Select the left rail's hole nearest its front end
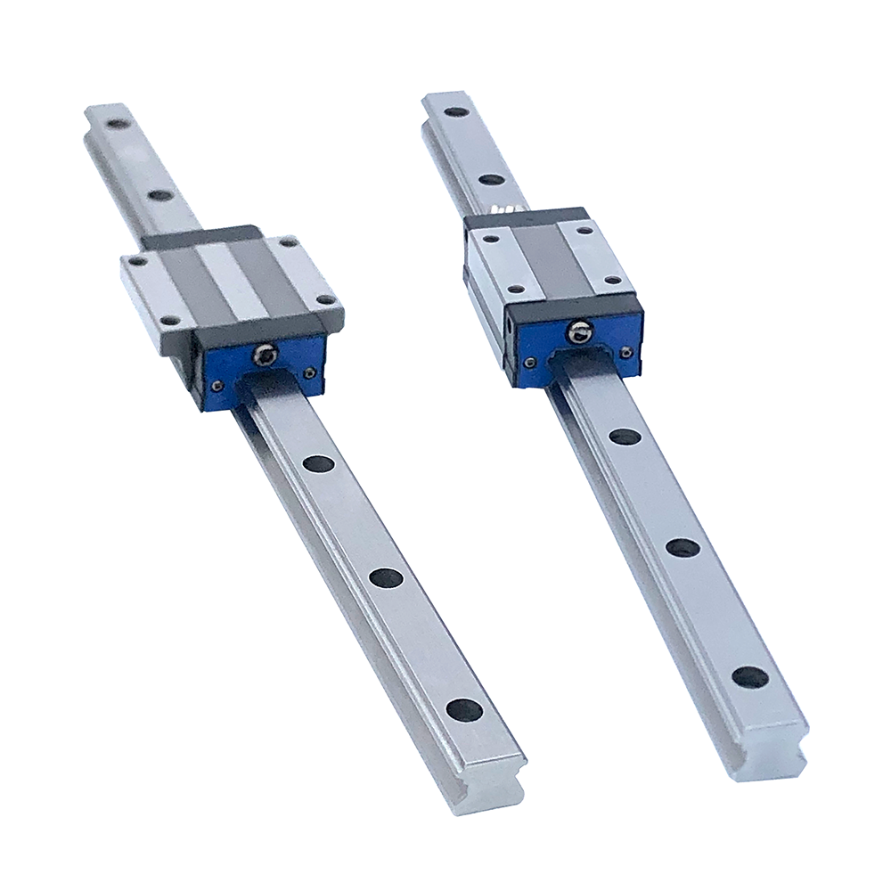[x=463, y=709]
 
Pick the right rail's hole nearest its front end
[x=749, y=677]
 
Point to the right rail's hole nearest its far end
[x=457, y=112]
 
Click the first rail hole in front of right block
[x=625, y=437]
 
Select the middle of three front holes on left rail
[x=386, y=577]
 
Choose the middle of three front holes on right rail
[x=683, y=548]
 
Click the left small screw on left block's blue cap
[x=215, y=386]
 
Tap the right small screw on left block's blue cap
[x=308, y=372]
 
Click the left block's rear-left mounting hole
[x=135, y=262]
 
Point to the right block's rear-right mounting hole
[x=584, y=229]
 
